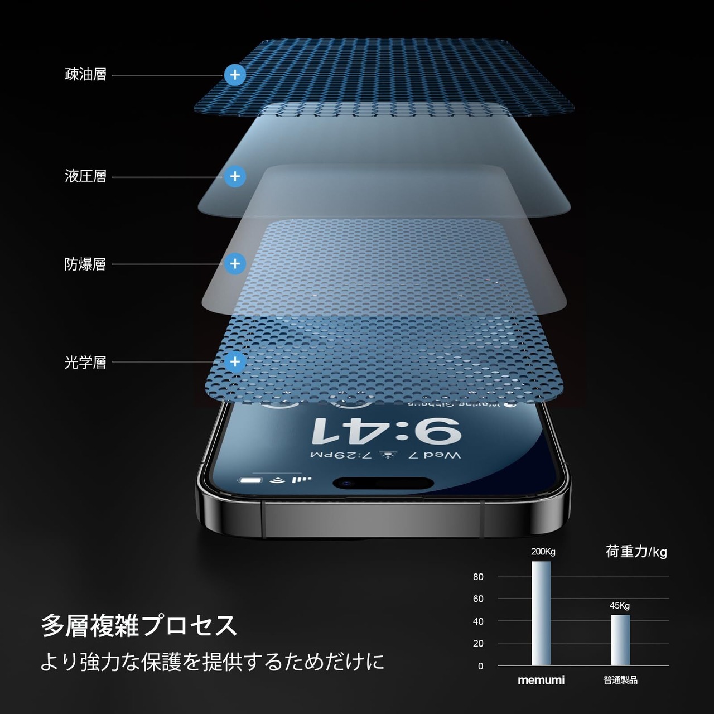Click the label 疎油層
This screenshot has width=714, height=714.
[x=85, y=75]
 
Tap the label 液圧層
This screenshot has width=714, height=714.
[x=85, y=177]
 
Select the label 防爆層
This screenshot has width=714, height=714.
[x=85, y=264]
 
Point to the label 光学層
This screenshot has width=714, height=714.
[x=85, y=363]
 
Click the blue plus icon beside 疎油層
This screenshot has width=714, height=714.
[x=235, y=75]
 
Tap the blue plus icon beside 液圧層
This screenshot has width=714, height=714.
[x=235, y=177]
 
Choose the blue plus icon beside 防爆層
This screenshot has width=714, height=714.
[x=235, y=264]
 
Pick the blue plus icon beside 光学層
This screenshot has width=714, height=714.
[x=235, y=362]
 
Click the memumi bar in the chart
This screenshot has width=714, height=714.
[x=541, y=613]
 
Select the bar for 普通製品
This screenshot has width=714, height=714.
[x=620, y=640]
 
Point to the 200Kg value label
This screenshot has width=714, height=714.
[x=543, y=552]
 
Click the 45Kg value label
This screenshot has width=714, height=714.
[x=620, y=606]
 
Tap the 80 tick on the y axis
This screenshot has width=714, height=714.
[x=478, y=577]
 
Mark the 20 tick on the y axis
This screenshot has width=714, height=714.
[x=478, y=643]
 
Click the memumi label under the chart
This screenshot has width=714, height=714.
[x=541, y=680]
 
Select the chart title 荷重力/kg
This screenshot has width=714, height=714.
[x=636, y=552]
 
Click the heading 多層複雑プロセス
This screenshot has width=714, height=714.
[x=139, y=626]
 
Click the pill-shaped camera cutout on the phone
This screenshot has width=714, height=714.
[x=383, y=483]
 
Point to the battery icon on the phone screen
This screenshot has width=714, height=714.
[x=250, y=480]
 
